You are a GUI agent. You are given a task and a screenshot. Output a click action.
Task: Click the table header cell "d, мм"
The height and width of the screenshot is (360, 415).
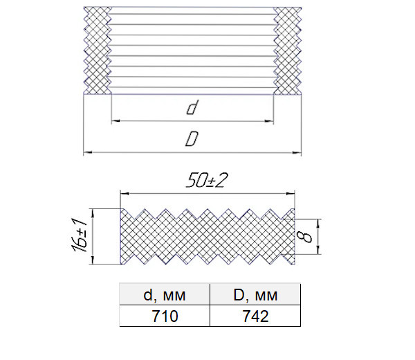tap(165, 294)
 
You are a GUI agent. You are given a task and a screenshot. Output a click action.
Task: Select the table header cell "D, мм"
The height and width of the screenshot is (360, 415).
tap(255, 294)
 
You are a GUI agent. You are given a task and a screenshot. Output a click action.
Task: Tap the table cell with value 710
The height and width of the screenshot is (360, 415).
tap(165, 316)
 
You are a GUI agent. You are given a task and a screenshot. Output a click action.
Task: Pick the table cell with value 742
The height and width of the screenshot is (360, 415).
tap(255, 316)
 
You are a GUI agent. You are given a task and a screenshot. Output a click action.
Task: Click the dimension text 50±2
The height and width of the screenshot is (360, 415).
tap(207, 181)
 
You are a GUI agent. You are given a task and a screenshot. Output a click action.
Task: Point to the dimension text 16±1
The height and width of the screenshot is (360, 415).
tap(79, 235)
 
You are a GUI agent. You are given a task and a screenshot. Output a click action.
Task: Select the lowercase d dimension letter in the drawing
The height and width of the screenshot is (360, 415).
tap(192, 107)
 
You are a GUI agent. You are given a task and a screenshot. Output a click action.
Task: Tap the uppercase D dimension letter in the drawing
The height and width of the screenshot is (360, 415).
tap(192, 139)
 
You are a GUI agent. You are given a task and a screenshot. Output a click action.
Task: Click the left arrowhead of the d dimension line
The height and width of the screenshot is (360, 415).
tap(116, 121)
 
